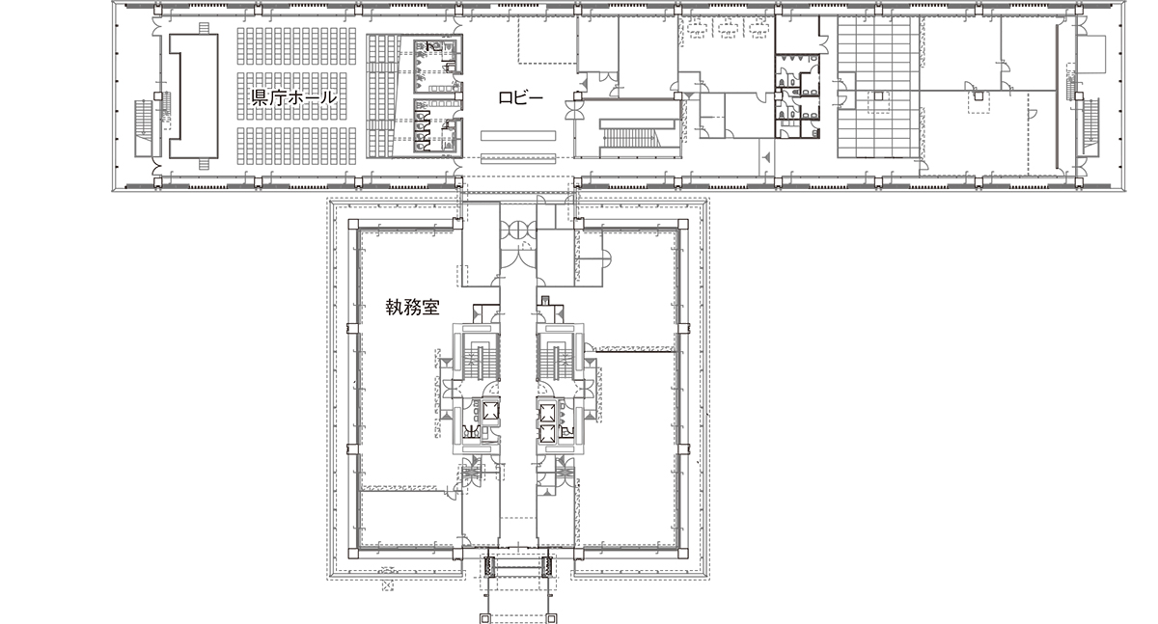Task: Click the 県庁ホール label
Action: click(x=293, y=97)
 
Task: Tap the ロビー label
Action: click(x=520, y=97)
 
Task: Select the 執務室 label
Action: click(x=408, y=309)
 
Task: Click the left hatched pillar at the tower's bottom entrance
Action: click(x=489, y=567)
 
